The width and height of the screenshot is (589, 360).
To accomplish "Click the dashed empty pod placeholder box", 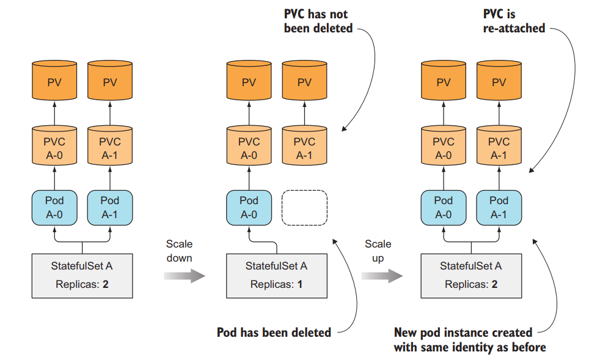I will (x=304, y=208).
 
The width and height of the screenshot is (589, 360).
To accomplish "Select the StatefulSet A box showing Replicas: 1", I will (x=276, y=275).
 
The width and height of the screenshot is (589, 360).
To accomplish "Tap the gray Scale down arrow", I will (x=184, y=276).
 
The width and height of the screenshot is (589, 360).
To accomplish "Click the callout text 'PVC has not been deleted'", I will (x=318, y=21).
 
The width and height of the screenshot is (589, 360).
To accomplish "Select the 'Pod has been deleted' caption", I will (x=274, y=332).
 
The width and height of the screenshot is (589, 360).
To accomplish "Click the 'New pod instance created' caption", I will (x=463, y=333).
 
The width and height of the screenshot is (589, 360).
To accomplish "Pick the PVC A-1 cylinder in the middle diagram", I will (x=304, y=146).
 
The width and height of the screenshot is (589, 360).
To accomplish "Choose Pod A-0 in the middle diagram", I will (x=249, y=208).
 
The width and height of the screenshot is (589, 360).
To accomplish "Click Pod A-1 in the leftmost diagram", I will (x=110, y=208).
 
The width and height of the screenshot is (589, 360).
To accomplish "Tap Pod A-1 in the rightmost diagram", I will (x=499, y=208).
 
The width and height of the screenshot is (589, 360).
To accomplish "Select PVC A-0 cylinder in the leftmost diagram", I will (x=54, y=146).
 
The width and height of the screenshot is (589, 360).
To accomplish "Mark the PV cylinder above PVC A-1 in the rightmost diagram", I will (x=499, y=81).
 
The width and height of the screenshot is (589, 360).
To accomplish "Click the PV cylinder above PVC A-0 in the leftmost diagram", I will (x=54, y=81).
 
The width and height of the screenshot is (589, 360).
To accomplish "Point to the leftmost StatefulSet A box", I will (x=82, y=275).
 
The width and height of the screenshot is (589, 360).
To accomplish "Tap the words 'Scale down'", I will (x=179, y=251).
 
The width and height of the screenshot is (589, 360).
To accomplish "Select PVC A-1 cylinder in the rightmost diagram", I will (x=499, y=146).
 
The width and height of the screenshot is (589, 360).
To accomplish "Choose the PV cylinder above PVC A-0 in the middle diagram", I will (x=249, y=81).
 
